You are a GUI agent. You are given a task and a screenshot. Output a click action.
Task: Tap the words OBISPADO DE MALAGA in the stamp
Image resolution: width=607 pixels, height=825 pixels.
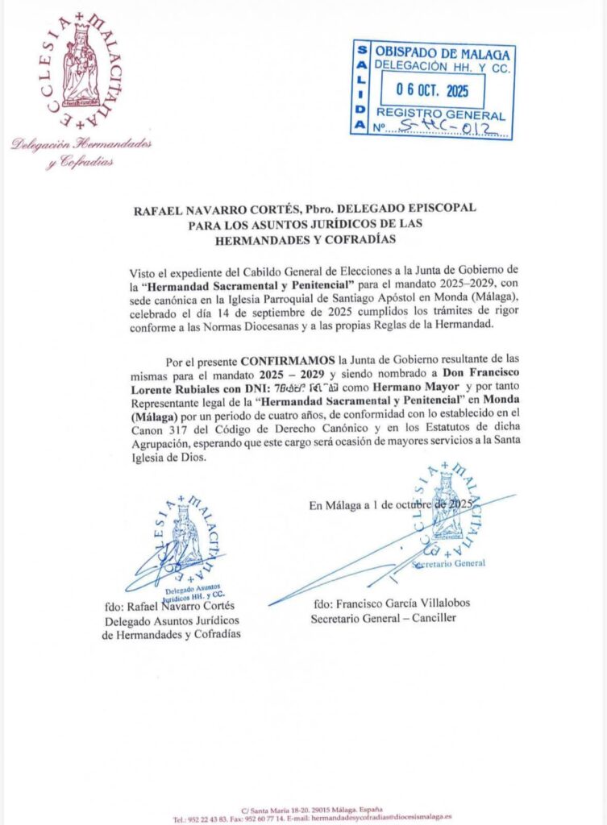click(443, 54)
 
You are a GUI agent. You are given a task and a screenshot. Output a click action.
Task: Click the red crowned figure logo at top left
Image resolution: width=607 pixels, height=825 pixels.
click(81, 64)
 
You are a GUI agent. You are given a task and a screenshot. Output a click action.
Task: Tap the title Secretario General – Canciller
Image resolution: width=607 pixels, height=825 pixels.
click(383, 618)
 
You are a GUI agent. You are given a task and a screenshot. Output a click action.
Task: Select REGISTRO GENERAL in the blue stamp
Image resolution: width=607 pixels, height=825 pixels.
click(441, 114)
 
